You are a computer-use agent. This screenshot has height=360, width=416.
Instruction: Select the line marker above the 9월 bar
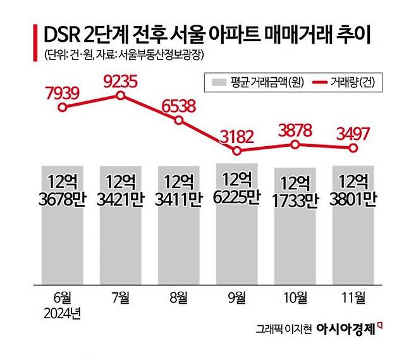(237, 151)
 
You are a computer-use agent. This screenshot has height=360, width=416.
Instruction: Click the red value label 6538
(179, 105)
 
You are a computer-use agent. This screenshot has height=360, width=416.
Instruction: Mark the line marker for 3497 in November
(354, 148)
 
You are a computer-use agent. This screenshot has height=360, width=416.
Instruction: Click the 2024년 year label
(62, 313)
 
